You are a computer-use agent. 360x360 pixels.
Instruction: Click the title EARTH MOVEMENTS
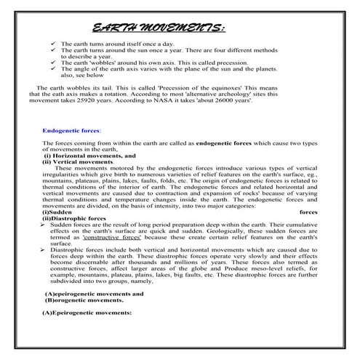pos(159,28)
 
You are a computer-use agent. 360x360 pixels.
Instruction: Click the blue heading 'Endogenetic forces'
pos(72,130)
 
